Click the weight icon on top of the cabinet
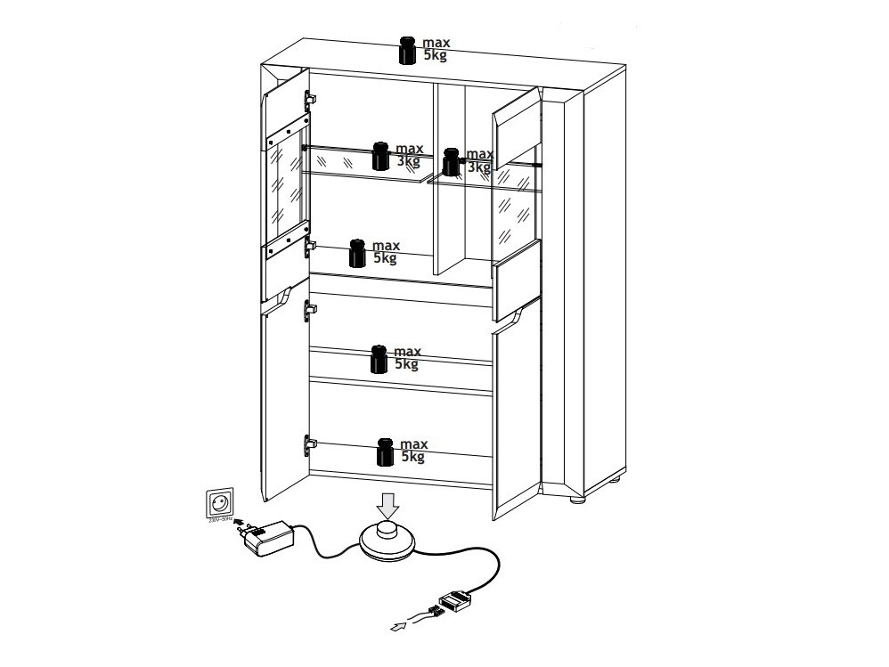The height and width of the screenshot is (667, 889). (408, 51)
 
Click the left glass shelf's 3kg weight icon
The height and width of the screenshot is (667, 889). (381, 156)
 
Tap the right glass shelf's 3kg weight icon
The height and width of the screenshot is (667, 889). (453, 161)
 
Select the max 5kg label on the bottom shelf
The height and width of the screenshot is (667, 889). (413, 451)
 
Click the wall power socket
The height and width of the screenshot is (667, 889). (219, 503)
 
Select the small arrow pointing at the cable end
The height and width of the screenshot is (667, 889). (398, 628)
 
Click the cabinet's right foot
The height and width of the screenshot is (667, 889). (578, 502)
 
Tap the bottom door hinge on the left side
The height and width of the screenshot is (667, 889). (310, 442)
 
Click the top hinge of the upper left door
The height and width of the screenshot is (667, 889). (311, 97)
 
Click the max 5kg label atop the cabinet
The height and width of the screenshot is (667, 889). (435, 48)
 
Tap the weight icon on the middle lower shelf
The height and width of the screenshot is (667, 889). (379, 359)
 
